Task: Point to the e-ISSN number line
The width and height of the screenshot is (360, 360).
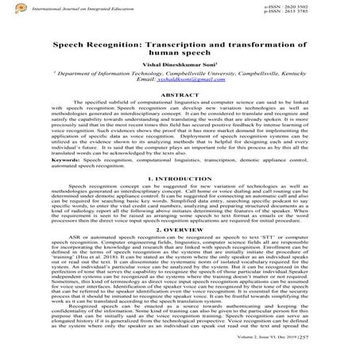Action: pyautogui.click(x=327, y=6)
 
